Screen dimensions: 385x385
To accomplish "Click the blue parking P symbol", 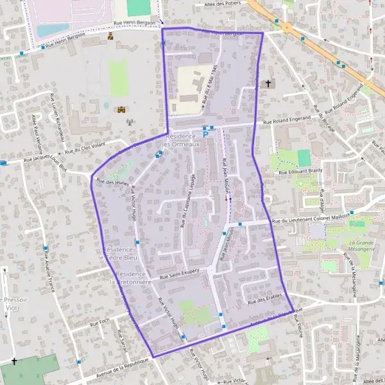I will (x=205, y=134).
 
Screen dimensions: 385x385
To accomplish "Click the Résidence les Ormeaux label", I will (x=183, y=141).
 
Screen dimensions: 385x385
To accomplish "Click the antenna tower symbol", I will (x=128, y=122).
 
